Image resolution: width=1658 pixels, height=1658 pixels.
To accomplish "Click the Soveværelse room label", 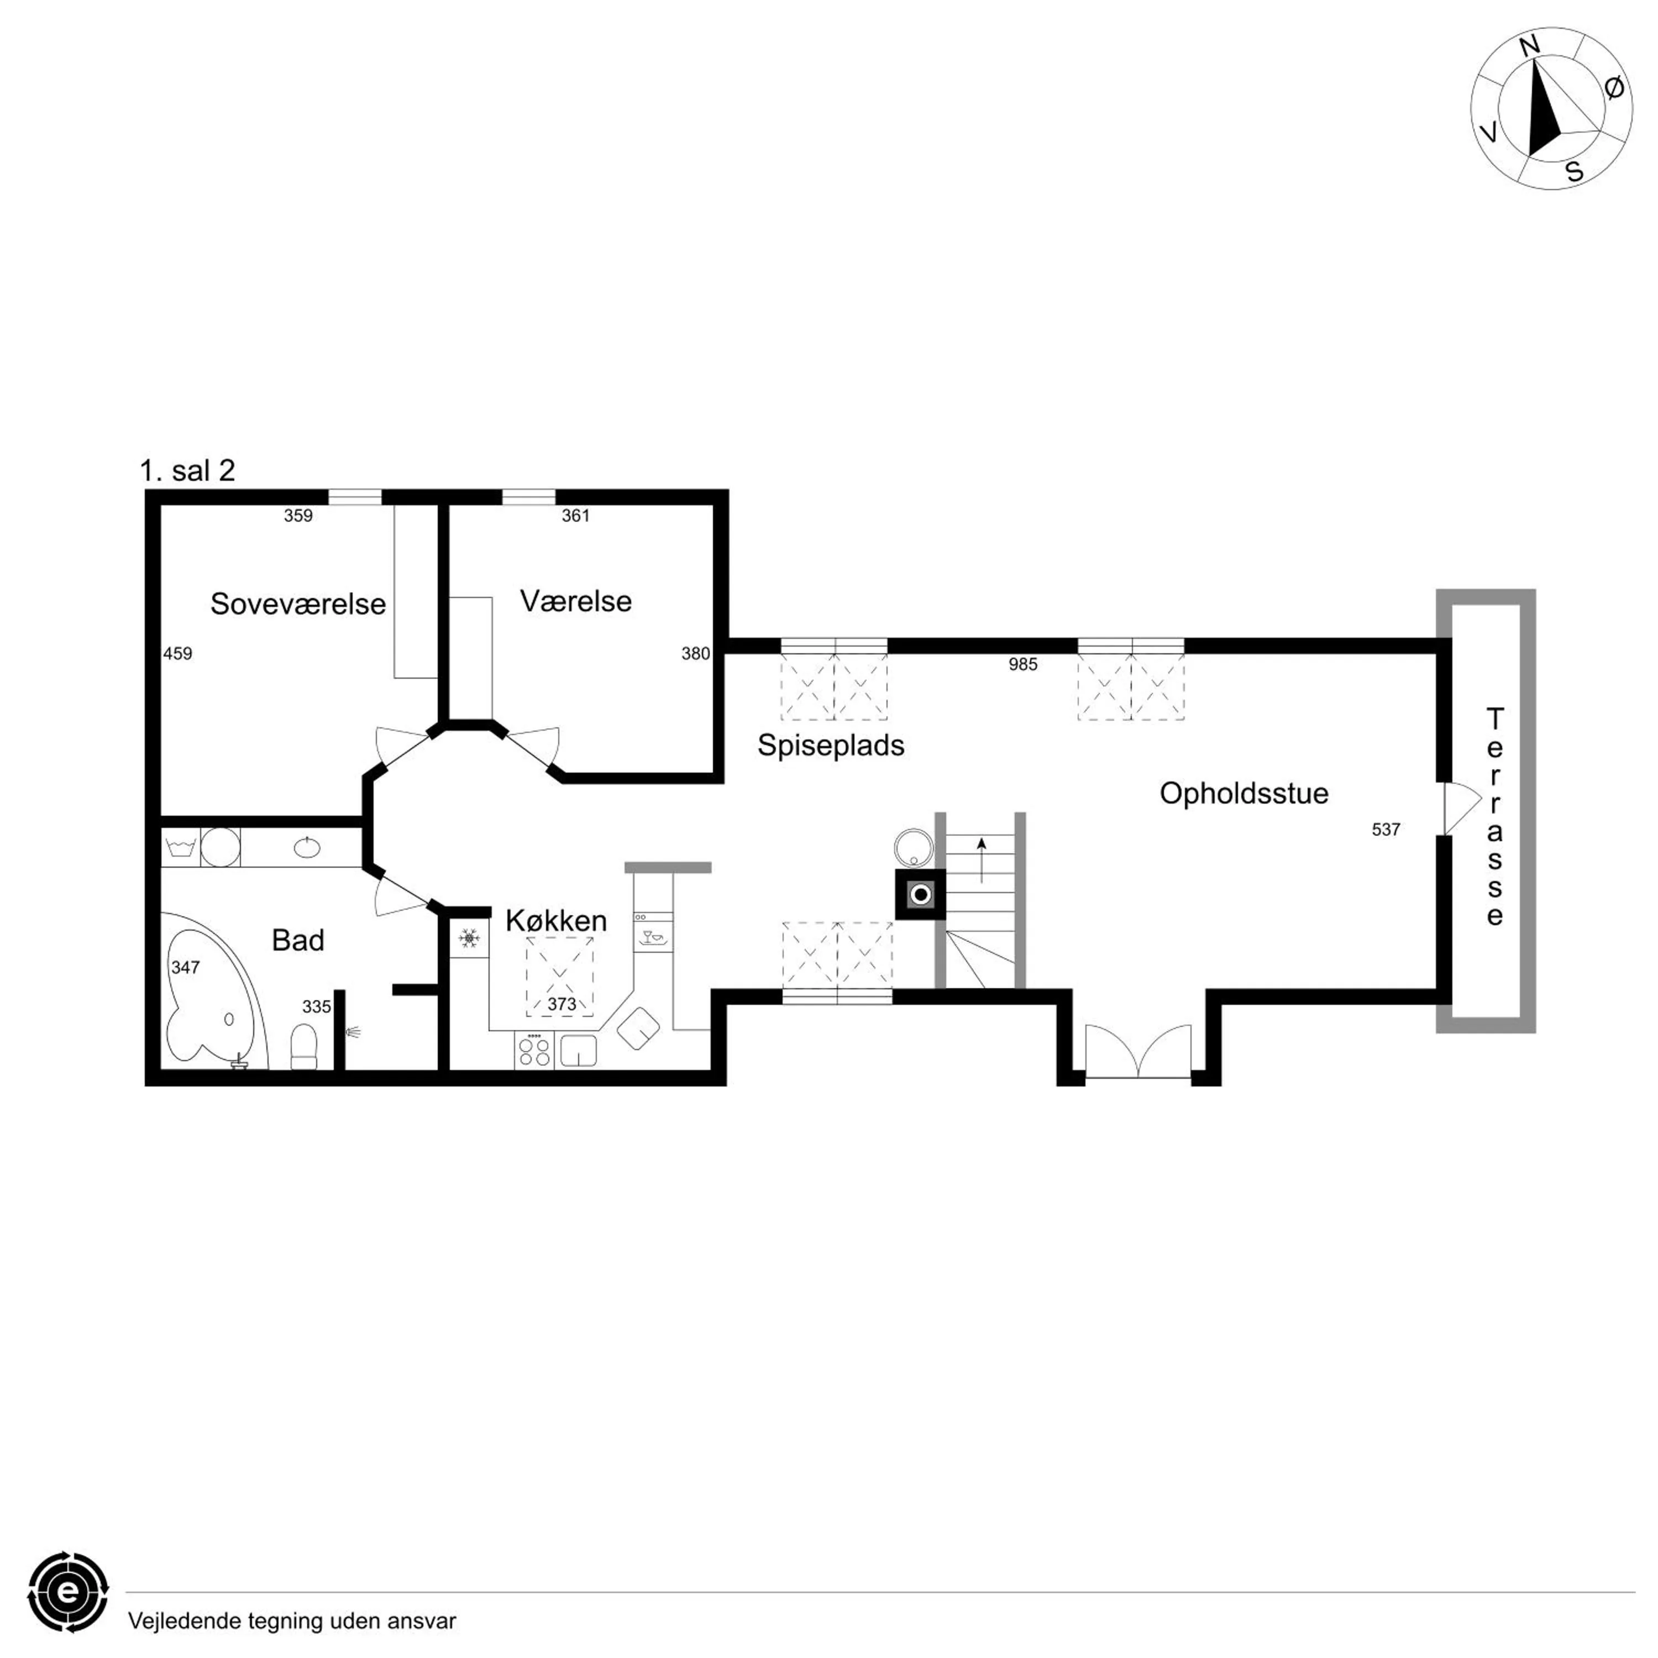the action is [x=298, y=604].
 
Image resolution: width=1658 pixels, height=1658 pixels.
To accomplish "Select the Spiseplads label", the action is [x=831, y=746].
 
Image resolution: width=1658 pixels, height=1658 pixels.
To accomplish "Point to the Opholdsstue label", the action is [x=1243, y=794].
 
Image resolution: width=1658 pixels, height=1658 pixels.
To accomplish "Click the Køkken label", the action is [x=556, y=921].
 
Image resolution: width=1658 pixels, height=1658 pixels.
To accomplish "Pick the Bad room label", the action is [x=298, y=941].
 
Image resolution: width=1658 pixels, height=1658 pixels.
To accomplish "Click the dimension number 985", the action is [x=1023, y=664].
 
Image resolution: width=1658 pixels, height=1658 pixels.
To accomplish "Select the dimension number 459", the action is [x=177, y=653].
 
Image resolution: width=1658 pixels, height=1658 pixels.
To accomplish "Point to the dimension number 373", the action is [x=562, y=1004].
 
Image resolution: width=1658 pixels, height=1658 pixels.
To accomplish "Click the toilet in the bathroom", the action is [x=304, y=1047].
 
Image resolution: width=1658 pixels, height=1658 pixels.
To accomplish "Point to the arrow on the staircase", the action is [x=982, y=860].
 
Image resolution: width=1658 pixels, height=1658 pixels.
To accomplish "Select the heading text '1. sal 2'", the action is [x=187, y=470].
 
